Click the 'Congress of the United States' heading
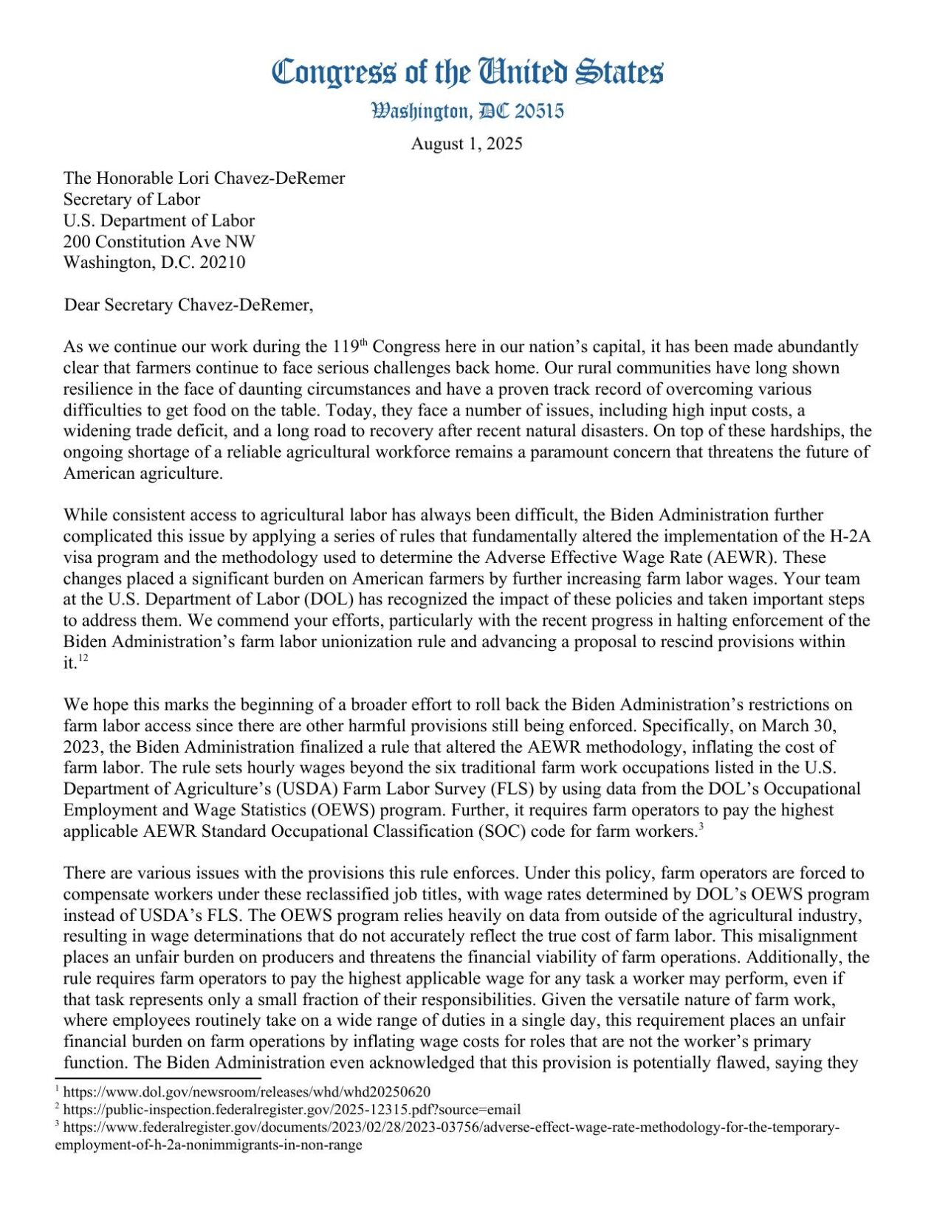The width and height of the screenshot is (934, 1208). tap(467, 73)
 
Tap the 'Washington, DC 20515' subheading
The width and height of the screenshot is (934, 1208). tap(467, 111)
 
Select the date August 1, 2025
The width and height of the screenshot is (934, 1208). tap(467, 144)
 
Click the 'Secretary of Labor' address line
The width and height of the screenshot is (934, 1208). tap(131, 199)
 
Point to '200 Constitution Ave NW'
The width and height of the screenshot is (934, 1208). tap(159, 241)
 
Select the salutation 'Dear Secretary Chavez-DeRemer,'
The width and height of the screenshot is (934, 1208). tap(188, 305)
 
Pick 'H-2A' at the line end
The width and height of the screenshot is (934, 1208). tap(850, 536)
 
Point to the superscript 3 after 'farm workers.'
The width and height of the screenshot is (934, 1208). tap(700, 826)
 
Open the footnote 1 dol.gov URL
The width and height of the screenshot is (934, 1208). tap(247, 1091)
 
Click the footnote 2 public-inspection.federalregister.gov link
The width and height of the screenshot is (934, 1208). tap(292, 1109)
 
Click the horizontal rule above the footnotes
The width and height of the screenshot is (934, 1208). tap(158, 1078)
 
